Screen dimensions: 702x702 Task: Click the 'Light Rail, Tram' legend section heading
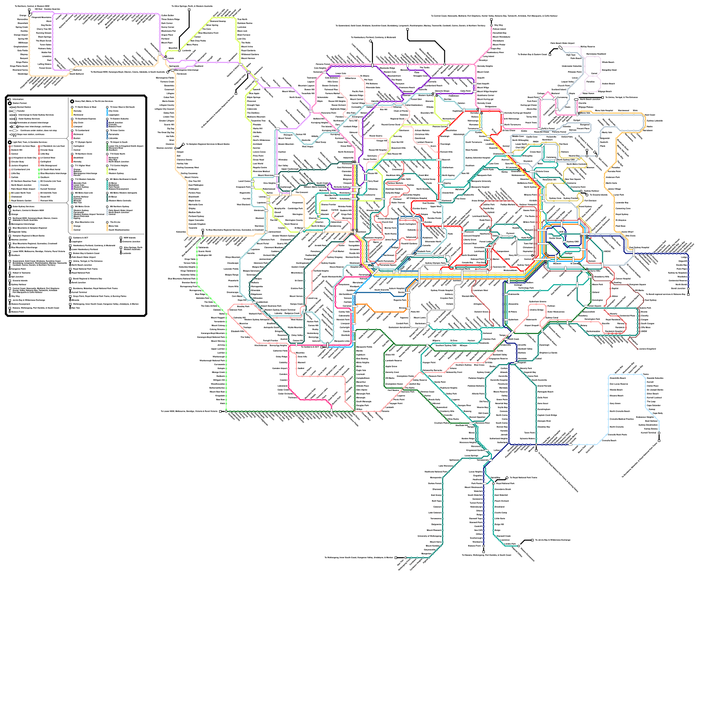click(29, 143)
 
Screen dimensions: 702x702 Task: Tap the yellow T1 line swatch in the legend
click(72, 112)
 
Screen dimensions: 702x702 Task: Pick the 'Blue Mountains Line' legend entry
click(85, 222)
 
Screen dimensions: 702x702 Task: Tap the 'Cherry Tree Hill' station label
click(44, 29)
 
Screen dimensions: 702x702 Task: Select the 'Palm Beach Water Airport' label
click(563, 43)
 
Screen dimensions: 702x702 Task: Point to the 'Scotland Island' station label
click(559, 90)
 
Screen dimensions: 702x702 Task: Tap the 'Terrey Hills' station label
click(531, 117)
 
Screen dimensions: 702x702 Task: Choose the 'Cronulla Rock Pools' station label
click(617, 434)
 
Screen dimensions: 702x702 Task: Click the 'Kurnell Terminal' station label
click(648, 433)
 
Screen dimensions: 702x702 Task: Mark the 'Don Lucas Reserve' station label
click(619, 384)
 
